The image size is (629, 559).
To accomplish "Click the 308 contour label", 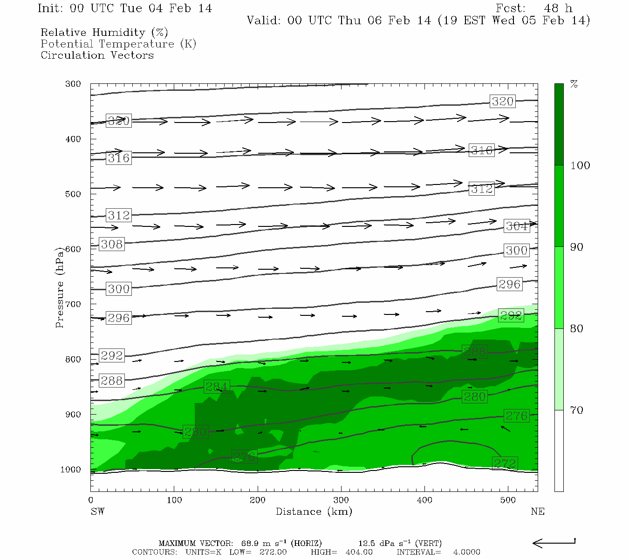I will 112,244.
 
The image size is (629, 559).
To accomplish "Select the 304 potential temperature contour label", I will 516,226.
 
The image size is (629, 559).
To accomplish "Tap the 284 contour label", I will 216,387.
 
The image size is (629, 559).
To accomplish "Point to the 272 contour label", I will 505,464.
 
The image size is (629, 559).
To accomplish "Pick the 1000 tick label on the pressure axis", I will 70,470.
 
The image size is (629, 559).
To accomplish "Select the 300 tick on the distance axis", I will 341,500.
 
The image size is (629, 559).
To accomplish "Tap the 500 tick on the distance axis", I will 508,500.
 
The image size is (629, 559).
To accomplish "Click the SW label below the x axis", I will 97,511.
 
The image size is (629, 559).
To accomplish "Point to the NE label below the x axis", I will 537,511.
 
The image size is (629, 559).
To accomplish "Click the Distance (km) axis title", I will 314,511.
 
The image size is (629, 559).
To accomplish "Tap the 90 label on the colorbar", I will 577,247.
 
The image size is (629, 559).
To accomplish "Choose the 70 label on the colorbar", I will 577,410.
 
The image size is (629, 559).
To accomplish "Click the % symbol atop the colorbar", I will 574,84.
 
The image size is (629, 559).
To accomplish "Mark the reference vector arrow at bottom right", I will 554,543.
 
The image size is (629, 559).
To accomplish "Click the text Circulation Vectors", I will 97,55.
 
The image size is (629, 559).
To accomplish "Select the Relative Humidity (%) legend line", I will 104,33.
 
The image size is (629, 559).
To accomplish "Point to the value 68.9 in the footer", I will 251,543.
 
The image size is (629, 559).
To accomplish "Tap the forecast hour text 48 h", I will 558,8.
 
